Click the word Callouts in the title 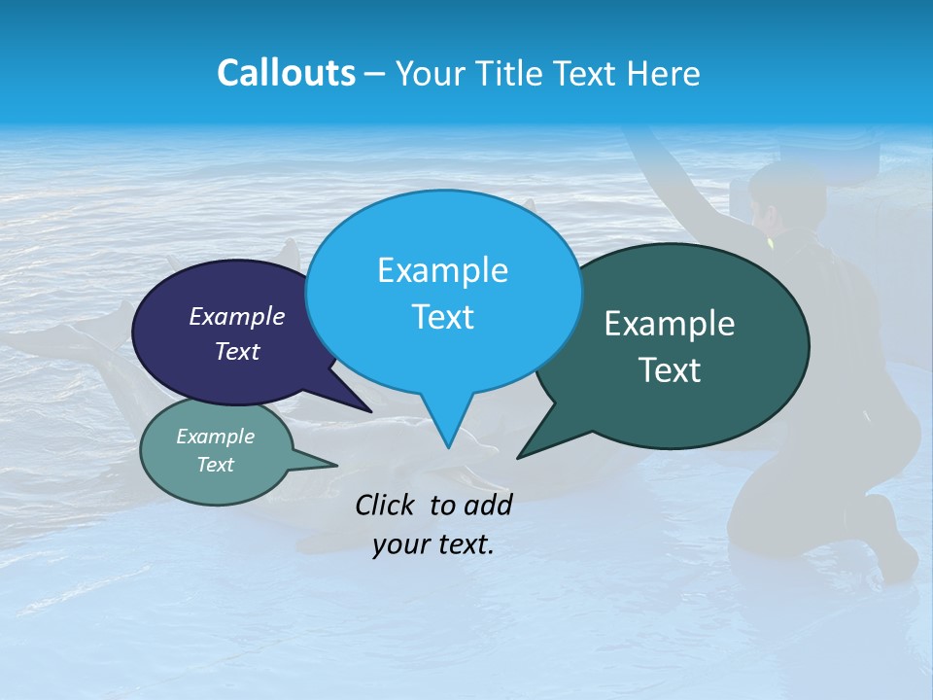click(x=286, y=73)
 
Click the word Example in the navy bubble click(x=236, y=316)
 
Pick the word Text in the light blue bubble click(x=443, y=317)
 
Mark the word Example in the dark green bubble click(x=670, y=324)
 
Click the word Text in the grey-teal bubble click(x=216, y=465)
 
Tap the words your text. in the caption click(x=433, y=544)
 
